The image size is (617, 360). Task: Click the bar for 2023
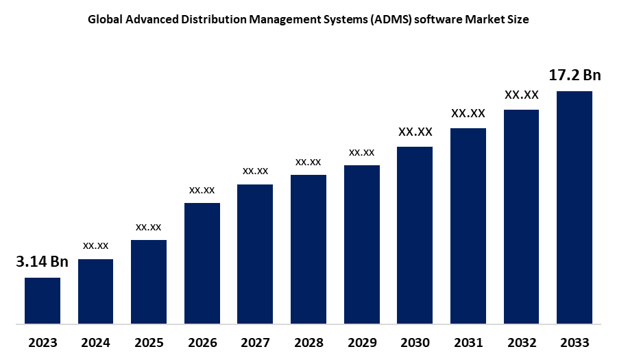(x=43, y=300)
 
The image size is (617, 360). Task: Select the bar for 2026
(x=202, y=263)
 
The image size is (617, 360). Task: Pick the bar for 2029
(x=362, y=244)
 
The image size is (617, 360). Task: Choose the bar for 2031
(x=468, y=226)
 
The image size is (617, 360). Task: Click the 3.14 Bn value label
(x=43, y=262)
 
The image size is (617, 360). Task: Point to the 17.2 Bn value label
(x=574, y=75)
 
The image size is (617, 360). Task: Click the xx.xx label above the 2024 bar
(x=95, y=245)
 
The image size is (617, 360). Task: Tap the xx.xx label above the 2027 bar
(x=255, y=170)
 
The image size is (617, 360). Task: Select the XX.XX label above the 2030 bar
(x=415, y=131)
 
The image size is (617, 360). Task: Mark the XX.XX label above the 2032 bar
(x=522, y=95)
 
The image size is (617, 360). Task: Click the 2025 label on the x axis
(x=149, y=343)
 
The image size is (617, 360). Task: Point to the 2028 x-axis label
(x=308, y=343)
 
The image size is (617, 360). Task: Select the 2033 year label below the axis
(x=574, y=343)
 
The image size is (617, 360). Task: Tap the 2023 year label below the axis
(x=43, y=343)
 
